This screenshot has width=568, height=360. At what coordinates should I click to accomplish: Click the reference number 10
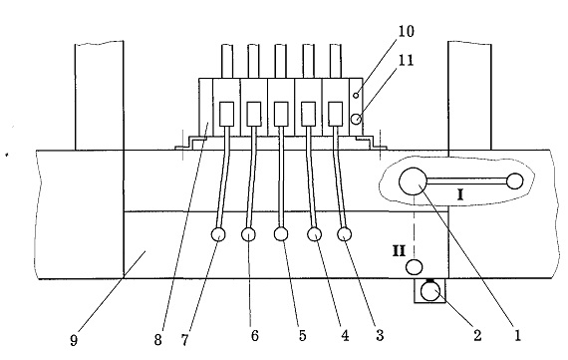(407, 31)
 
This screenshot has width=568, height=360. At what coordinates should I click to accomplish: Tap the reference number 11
(407, 60)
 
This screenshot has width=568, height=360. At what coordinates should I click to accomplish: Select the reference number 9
(74, 341)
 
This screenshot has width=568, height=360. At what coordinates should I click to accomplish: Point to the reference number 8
(157, 340)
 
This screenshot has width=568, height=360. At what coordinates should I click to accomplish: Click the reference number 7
(184, 340)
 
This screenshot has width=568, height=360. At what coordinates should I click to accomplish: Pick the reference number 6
(255, 336)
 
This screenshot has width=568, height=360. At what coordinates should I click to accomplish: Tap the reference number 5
(303, 336)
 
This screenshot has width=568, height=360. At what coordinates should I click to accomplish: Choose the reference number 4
(345, 336)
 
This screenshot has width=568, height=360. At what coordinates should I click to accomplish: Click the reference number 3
(380, 336)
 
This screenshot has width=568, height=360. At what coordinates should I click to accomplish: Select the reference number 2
(477, 336)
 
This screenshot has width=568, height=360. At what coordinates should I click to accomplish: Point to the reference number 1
(517, 336)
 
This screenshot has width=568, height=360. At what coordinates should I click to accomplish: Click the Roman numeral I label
(460, 195)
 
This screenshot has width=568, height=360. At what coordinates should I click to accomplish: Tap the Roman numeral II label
(399, 251)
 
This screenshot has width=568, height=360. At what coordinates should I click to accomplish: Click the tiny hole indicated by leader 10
(356, 96)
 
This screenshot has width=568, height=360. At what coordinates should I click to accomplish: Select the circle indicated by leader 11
(357, 119)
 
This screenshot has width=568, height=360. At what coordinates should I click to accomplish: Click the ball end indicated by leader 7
(217, 235)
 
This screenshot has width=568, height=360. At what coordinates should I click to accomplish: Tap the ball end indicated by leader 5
(281, 233)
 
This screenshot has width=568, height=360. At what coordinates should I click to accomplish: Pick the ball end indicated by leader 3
(344, 234)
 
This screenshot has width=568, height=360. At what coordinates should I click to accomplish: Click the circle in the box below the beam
(430, 292)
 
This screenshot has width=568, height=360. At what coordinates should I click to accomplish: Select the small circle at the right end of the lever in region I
(515, 181)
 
